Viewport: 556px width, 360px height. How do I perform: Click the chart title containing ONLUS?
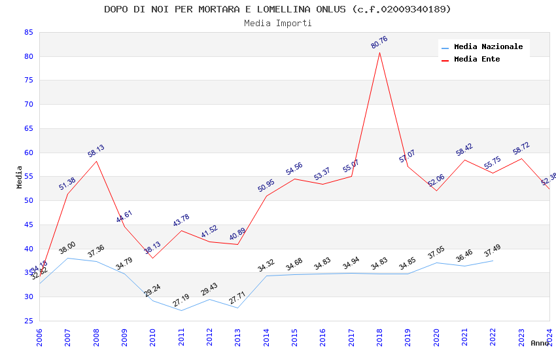point(277,9)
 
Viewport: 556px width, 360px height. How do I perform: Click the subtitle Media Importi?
point(277,23)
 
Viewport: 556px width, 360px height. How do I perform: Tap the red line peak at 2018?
point(379,52)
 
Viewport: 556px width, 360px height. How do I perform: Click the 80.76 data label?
point(379,42)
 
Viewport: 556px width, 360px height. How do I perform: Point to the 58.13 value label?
point(96,151)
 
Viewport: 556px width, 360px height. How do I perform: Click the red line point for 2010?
point(152,258)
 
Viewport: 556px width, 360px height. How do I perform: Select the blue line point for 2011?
point(181,310)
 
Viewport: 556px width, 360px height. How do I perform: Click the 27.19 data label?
point(181,300)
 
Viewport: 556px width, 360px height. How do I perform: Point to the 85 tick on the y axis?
point(28,32)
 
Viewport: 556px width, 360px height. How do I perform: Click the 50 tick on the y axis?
point(28,200)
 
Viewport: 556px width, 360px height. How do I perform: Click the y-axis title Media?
point(20,177)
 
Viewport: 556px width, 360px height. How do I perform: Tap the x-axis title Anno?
point(540,343)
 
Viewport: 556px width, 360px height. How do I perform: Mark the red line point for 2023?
point(521,158)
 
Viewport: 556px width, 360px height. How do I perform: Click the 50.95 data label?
point(266,185)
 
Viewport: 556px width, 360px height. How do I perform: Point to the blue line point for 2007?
point(67,258)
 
